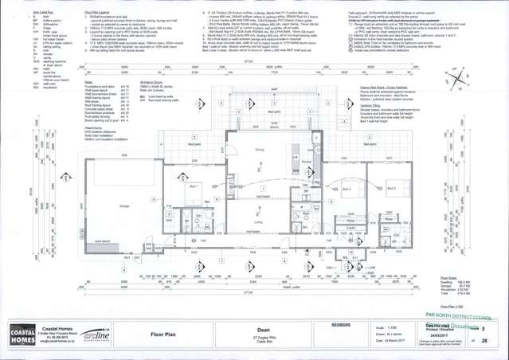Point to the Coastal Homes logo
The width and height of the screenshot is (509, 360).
pyautogui.click(x=20, y=335)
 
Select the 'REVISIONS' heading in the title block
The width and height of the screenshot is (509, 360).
pyautogui.click(x=340, y=324)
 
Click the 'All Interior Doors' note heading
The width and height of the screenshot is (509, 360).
pyautogui.click(x=151, y=82)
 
